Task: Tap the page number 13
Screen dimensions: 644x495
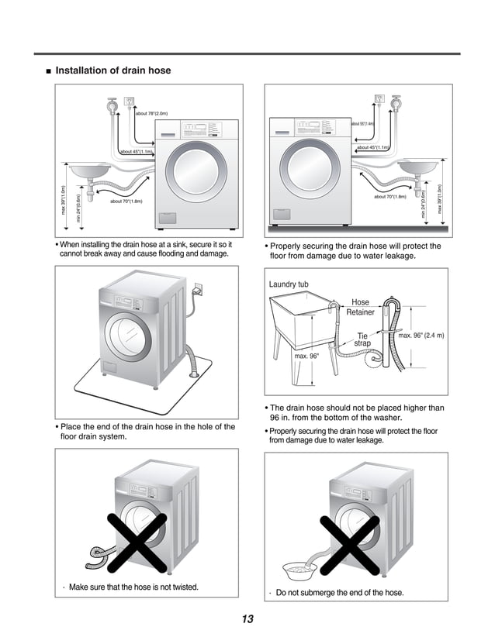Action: pyautogui.click(x=247, y=618)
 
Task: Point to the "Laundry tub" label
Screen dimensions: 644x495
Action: pyautogui.click(x=289, y=284)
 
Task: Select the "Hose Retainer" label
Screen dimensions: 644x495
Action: pyautogui.click(x=360, y=307)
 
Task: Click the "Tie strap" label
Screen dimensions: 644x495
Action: pyautogui.click(x=362, y=339)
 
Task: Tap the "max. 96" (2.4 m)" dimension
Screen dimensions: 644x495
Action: pyautogui.click(x=421, y=336)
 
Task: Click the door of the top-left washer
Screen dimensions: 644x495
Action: pyautogui.click(x=198, y=174)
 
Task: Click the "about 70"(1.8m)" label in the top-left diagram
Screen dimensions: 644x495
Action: pyautogui.click(x=126, y=201)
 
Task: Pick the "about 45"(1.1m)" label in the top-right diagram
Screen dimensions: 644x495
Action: pyautogui.click(x=373, y=147)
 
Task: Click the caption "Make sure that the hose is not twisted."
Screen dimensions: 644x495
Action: pyautogui.click(x=133, y=587)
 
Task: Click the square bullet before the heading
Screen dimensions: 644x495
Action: pyautogui.click(x=49, y=71)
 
